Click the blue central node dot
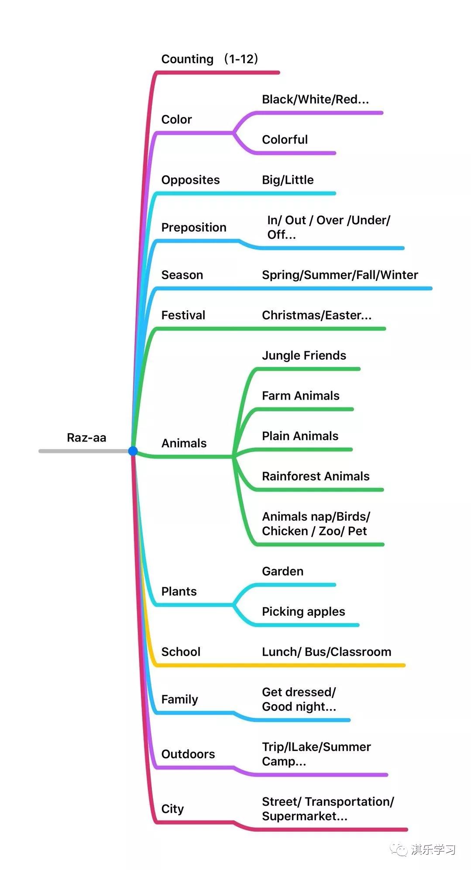[x=133, y=451]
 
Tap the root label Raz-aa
[x=86, y=438]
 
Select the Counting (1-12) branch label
[x=210, y=59]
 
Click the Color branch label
[x=176, y=119]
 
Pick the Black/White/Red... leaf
[x=315, y=99]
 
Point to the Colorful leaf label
[x=285, y=140]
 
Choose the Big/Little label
[x=288, y=180]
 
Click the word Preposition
[x=194, y=227]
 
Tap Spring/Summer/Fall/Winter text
[x=340, y=275]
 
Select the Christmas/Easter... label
[x=316, y=315]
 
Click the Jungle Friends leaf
[x=304, y=356]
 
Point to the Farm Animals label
[x=300, y=396]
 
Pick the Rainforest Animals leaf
[x=316, y=476]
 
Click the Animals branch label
[x=184, y=443]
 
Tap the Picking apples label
[x=303, y=612]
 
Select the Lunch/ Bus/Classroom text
[x=327, y=652]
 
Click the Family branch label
[x=179, y=699]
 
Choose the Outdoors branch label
[x=188, y=754]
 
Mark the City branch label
[x=172, y=809]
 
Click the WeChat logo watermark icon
[x=399, y=849]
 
